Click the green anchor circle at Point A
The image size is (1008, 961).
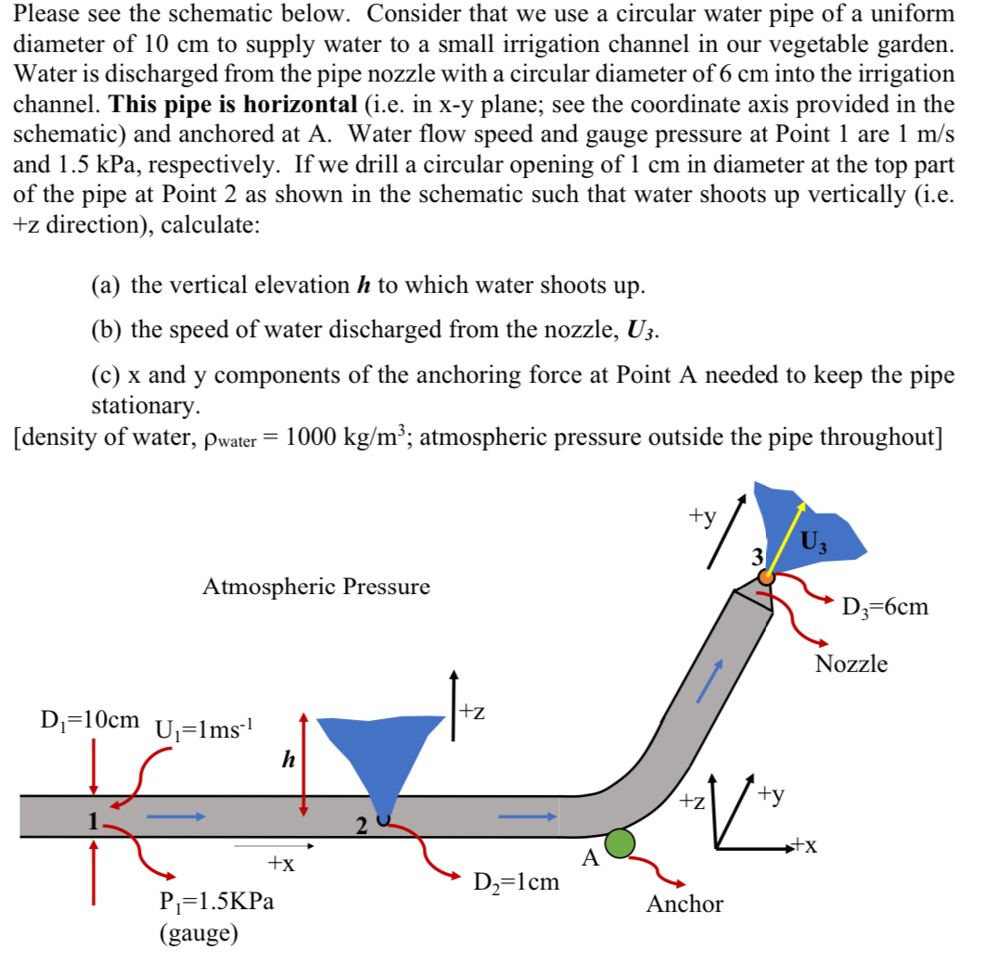tap(620, 842)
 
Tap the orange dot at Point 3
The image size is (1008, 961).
tap(766, 576)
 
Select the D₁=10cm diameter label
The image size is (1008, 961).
tap(91, 719)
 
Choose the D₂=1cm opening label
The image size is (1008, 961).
tap(517, 881)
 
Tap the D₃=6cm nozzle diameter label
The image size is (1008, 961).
tap(885, 608)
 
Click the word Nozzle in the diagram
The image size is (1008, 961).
tap(851, 664)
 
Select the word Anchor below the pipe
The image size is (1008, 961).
tap(684, 904)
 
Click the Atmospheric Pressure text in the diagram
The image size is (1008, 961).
tap(315, 587)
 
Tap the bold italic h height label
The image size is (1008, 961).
tap(288, 760)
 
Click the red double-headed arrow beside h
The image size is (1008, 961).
tap(303, 765)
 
